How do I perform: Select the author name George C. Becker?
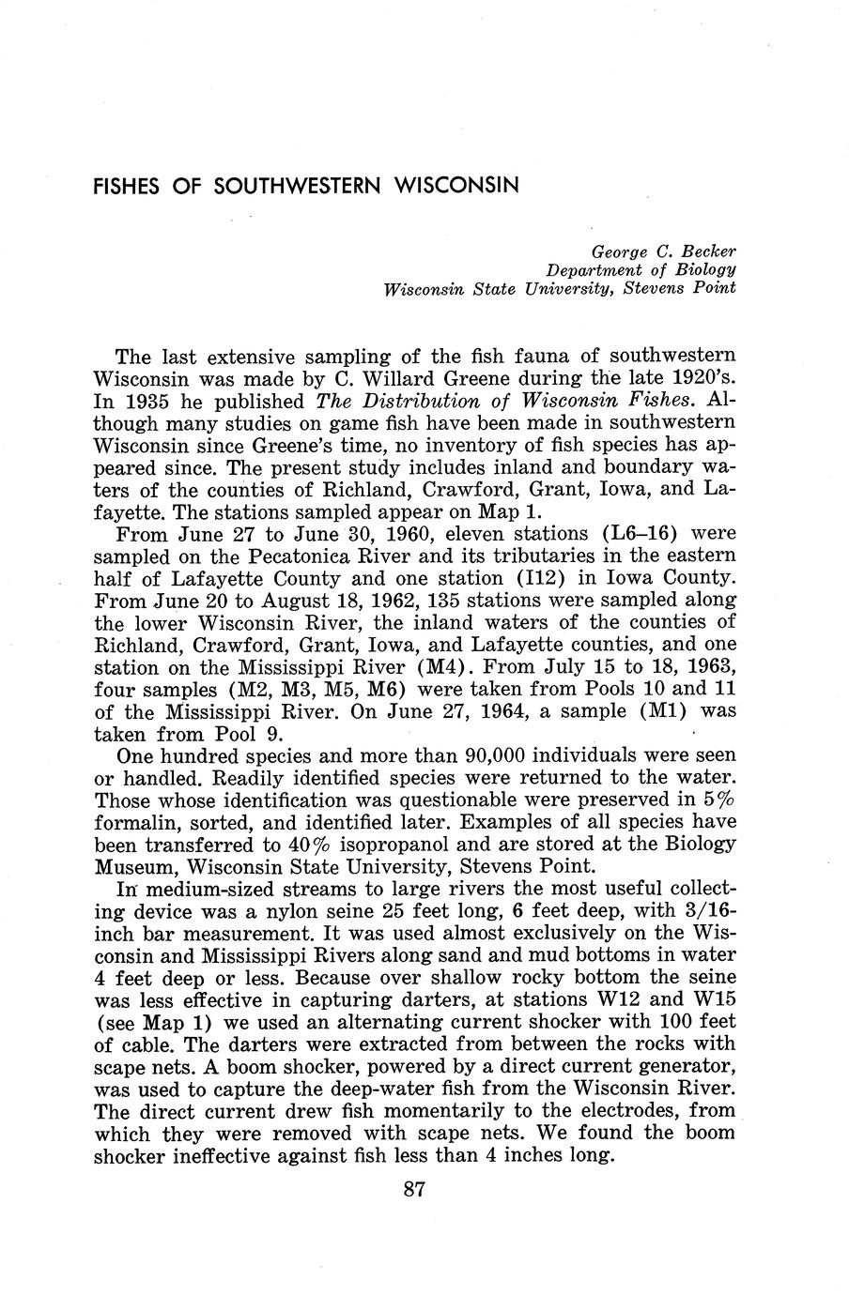[662, 252]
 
